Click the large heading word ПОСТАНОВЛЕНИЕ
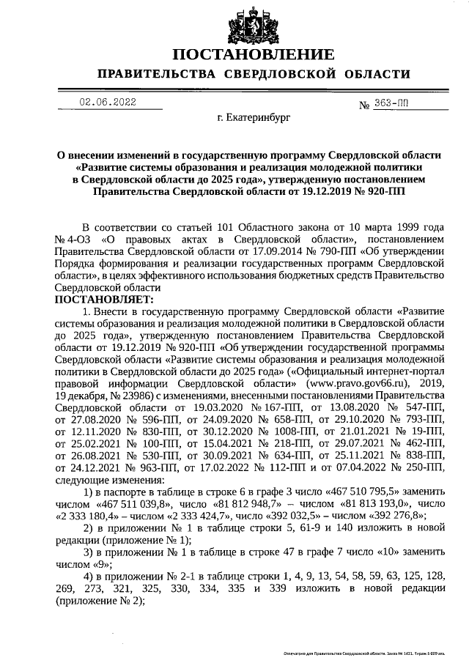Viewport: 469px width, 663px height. (x=254, y=54)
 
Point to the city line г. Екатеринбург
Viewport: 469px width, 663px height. (x=254, y=116)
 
